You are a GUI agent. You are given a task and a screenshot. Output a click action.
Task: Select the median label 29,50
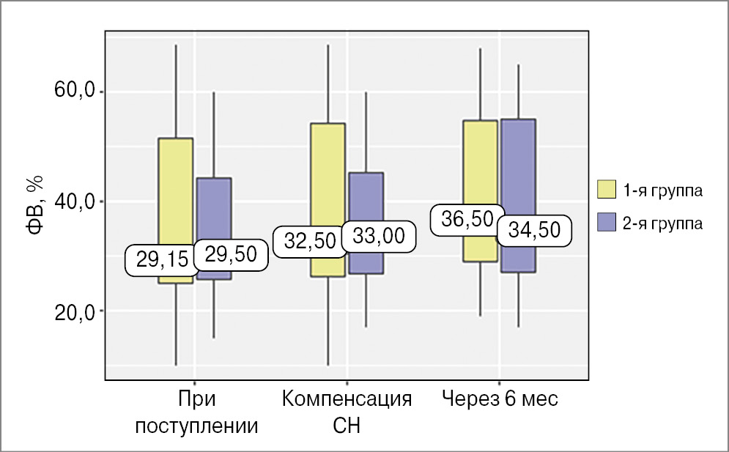pos(231,254)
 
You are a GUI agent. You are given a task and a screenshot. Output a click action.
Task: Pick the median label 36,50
pos(462,220)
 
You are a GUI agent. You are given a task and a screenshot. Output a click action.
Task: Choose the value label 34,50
pos(533,230)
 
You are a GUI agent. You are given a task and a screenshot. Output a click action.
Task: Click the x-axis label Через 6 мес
pos(500,400)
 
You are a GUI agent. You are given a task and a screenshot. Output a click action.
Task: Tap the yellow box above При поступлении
pos(176,183)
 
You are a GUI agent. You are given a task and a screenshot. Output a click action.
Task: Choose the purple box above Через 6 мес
pos(518,168)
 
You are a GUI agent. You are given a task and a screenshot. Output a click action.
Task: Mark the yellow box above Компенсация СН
pos(328,176)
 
